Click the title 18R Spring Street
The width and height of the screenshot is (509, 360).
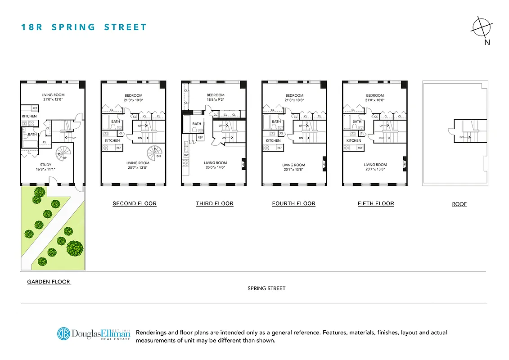point(84,27)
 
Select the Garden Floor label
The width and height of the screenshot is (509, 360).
point(49,282)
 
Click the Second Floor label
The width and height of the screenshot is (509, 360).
point(135,203)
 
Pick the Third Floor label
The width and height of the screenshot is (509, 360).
point(215,203)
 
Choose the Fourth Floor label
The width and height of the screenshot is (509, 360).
point(294,203)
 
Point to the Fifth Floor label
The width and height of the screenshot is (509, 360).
point(376,203)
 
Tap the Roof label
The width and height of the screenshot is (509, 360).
point(459,204)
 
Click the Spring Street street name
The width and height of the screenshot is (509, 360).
point(266,288)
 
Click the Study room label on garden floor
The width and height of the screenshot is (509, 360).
point(45,165)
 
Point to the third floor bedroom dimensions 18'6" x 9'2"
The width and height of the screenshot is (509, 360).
point(216,100)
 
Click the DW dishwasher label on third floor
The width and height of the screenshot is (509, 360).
point(186,155)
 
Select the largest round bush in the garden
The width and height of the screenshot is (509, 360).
point(75,247)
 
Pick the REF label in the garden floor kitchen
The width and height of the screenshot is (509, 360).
point(35,108)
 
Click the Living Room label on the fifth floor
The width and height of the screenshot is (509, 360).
point(375,165)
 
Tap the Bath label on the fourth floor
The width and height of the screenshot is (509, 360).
point(276,121)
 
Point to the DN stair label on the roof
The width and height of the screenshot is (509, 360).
point(462,137)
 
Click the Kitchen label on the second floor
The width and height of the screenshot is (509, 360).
point(113,140)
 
